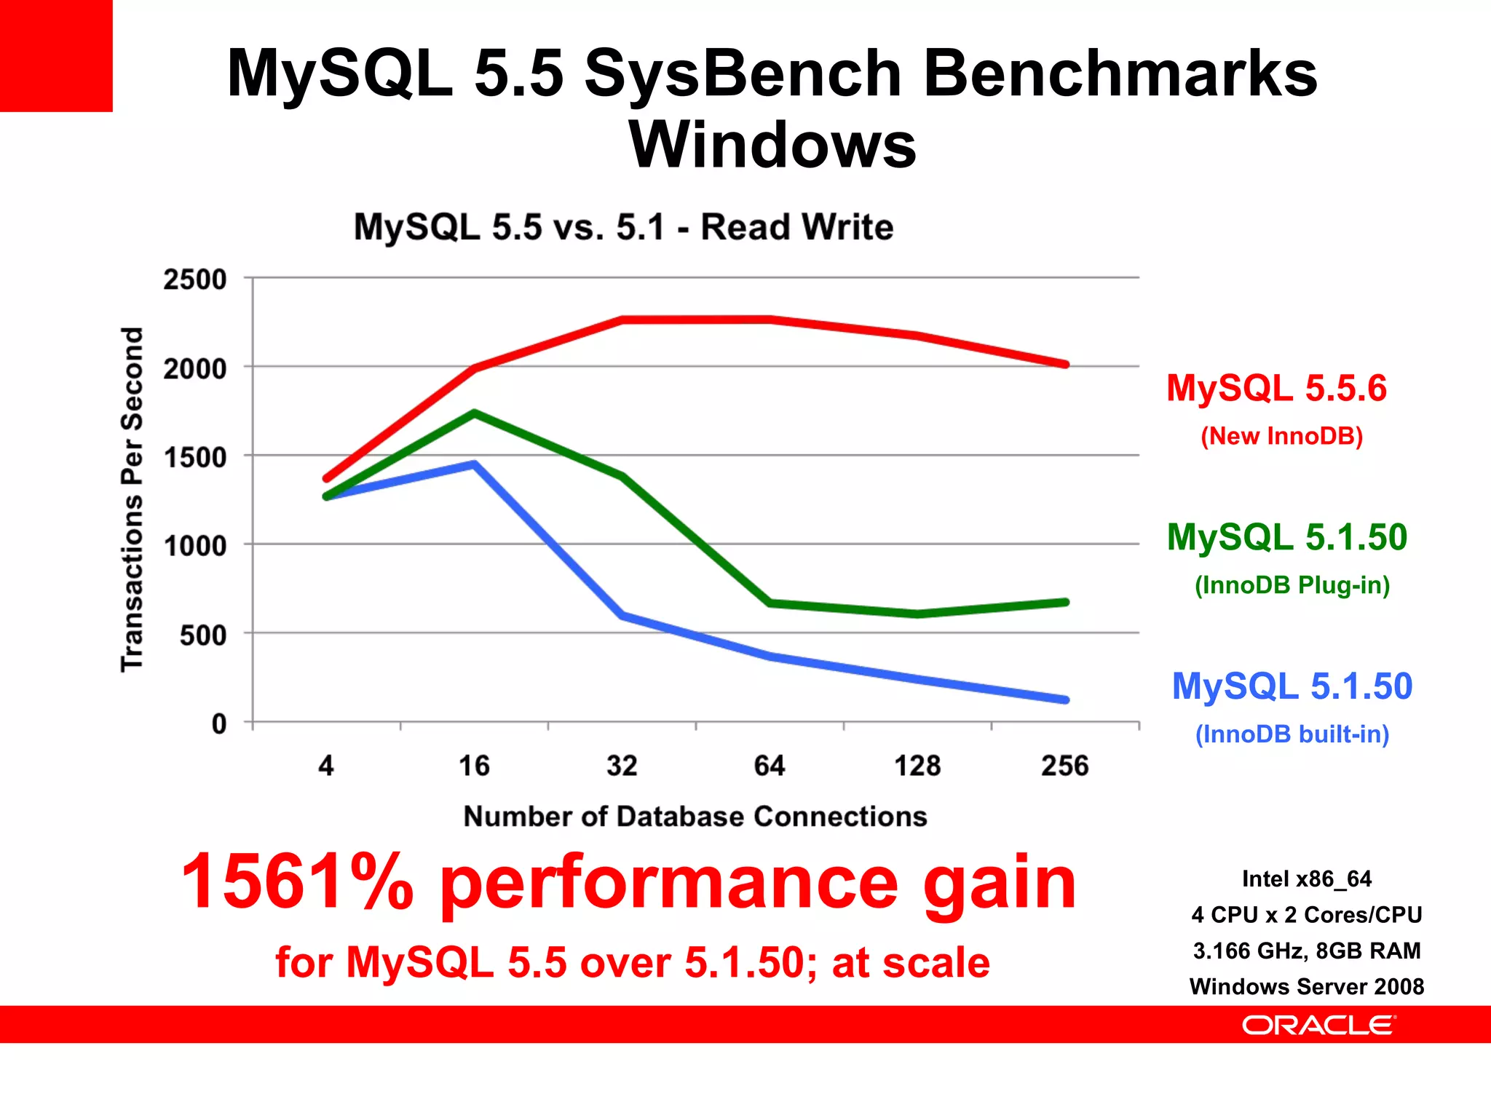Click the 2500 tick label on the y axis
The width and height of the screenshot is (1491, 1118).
click(194, 279)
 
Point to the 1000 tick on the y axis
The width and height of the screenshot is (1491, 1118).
click(194, 546)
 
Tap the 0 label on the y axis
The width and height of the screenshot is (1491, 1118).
click(218, 724)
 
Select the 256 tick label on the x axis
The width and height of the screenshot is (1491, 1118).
click(1064, 766)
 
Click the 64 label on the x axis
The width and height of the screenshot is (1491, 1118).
click(770, 766)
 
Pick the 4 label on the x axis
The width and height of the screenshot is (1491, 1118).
click(326, 766)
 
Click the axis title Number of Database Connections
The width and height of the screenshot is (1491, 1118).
click(695, 817)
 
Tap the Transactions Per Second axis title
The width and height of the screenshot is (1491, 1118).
click(133, 499)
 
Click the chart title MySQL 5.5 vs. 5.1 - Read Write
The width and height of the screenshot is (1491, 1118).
click(623, 227)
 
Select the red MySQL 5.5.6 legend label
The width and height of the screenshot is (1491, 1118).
click(1276, 388)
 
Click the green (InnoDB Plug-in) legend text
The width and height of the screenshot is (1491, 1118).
click(1292, 585)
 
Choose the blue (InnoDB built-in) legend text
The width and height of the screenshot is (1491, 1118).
click(1292, 734)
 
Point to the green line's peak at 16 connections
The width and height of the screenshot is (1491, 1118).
click(474, 413)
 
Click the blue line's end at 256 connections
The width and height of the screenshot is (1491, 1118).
click(1065, 699)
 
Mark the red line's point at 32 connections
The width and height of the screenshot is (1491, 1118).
click(622, 320)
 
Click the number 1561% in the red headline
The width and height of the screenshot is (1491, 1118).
click(297, 882)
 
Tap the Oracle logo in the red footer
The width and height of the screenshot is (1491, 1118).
click(1318, 1026)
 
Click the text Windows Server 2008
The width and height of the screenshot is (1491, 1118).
click(1306, 987)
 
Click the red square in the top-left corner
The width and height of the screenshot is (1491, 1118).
click(56, 55)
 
